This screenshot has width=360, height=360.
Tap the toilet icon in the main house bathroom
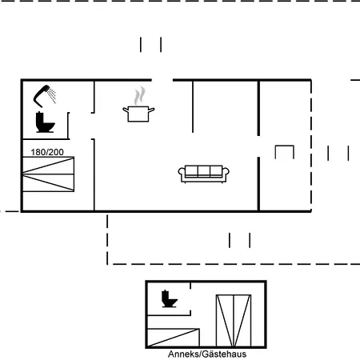pos(45,122)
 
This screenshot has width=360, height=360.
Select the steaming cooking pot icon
pos(138,114)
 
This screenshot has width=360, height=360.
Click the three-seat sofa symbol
pos(203,174)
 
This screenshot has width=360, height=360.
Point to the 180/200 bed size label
pos(47,152)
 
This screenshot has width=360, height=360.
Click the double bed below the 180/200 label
pos(48,174)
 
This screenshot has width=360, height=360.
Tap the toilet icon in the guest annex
pos(169,298)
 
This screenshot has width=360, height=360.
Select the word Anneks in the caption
pos(183,354)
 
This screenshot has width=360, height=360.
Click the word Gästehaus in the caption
pos(224,354)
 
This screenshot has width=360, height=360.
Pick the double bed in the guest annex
pos(234,321)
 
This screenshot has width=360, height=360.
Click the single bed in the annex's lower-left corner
pos(174,338)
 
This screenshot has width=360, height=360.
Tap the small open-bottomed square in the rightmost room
pos(285,146)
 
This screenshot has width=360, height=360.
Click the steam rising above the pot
pos(139,96)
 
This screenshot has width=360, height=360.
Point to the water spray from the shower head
pos(52,95)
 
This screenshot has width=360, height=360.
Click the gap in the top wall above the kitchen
pos(162,80)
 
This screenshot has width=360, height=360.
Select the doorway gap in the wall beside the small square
pos(258,146)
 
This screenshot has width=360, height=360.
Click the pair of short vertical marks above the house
pos(150,45)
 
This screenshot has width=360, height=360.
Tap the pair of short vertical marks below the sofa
pos(239,240)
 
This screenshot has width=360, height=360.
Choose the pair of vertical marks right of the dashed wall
pos(338,154)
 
